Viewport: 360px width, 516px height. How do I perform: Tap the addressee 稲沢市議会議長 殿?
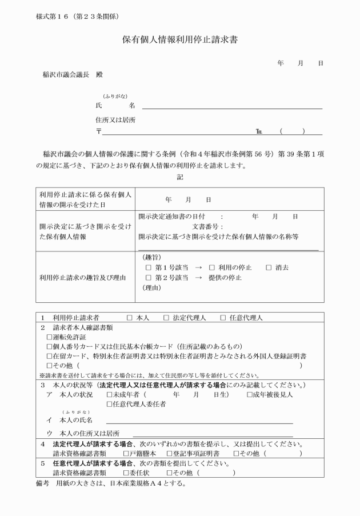pyautogui.click(x=72, y=74)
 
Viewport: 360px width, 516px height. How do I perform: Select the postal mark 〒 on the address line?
pyautogui.click(x=99, y=131)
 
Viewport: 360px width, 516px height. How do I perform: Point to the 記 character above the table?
pyautogui.click(x=180, y=177)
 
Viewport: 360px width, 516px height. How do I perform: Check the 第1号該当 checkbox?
pyautogui.click(x=149, y=267)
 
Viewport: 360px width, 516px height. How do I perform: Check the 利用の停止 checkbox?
pyautogui.click(x=211, y=267)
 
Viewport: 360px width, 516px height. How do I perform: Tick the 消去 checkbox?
pyautogui.click(x=269, y=267)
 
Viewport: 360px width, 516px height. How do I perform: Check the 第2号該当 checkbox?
pyautogui.click(x=149, y=278)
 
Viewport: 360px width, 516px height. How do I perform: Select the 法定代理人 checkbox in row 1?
pyautogui.click(x=166, y=317)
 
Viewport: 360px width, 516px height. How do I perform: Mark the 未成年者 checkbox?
pyautogui.click(x=109, y=394)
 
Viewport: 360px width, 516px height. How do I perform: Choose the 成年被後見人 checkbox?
pyautogui.click(x=250, y=394)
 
